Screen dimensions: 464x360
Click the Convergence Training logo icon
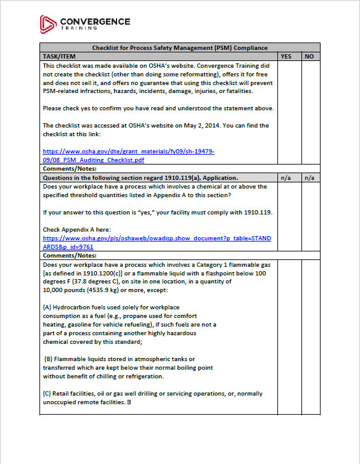coord(48,23)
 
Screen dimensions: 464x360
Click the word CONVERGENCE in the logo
coord(95,21)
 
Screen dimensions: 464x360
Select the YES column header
coord(286,56)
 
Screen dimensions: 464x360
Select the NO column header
coord(309,56)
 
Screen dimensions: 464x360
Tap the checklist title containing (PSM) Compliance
coord(179,47)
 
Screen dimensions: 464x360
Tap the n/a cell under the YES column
coord(286,177)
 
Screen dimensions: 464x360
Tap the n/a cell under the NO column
coord(309,177)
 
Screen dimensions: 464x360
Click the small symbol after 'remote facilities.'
coord(129,402)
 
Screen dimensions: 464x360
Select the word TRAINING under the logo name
coord(78,28)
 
